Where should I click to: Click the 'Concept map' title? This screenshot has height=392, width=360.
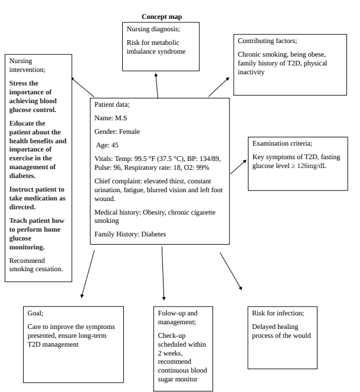coord(162,17)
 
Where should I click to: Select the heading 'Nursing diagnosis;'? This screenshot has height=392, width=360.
coord(153,29)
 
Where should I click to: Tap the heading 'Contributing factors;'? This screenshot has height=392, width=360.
coord(267,41)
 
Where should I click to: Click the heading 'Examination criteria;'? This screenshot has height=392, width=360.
coord(282,143)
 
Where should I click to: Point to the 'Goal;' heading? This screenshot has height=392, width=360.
coord(35,313)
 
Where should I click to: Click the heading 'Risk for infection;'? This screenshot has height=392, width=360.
coord(278,313)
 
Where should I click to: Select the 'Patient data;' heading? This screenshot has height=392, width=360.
coord(112,104)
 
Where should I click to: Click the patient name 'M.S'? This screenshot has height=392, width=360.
coord(121,118)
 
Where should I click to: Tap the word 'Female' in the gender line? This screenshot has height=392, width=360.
coord(129,131)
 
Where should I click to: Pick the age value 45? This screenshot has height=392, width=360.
coord(114,145)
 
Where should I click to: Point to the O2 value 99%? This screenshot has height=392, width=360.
coord(202,167)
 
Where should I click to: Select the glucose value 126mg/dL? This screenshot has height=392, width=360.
coord(312,166)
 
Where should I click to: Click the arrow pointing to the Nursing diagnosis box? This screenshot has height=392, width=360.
coord(157,85)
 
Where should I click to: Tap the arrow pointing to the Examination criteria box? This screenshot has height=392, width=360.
coord(238,167)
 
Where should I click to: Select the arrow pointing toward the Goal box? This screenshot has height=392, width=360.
coord(88,274)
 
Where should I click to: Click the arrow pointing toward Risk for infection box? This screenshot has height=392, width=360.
coord(231,271)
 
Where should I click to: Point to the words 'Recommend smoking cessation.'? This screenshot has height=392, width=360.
coord(36,265)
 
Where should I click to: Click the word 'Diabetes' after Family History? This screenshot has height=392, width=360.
coord(153,234)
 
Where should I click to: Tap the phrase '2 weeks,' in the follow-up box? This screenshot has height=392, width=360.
coord(170,353)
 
